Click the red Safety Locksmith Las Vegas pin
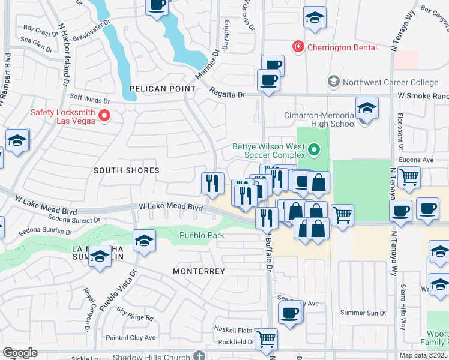tap(105, 115)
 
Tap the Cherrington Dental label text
tap(342, 47)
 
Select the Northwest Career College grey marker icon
tap(333, 81)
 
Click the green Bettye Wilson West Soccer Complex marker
tap(313, 148)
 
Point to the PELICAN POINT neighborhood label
tap(163, 89)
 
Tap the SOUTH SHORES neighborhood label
tap(127, 170)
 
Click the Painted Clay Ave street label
tap(130, 338)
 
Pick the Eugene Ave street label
tap(418, 160)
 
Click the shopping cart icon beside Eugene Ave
tap(409, 177)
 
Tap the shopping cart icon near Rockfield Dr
tap(266, 338)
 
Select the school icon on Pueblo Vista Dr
tap(144, 241)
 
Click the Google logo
tap(20, 353)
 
